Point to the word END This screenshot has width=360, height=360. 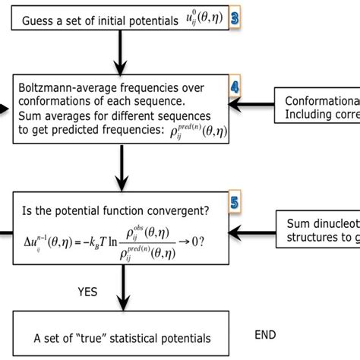coord(267,334)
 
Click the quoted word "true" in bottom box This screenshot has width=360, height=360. coord(118,338)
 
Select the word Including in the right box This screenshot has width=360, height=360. coord(308,115)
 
